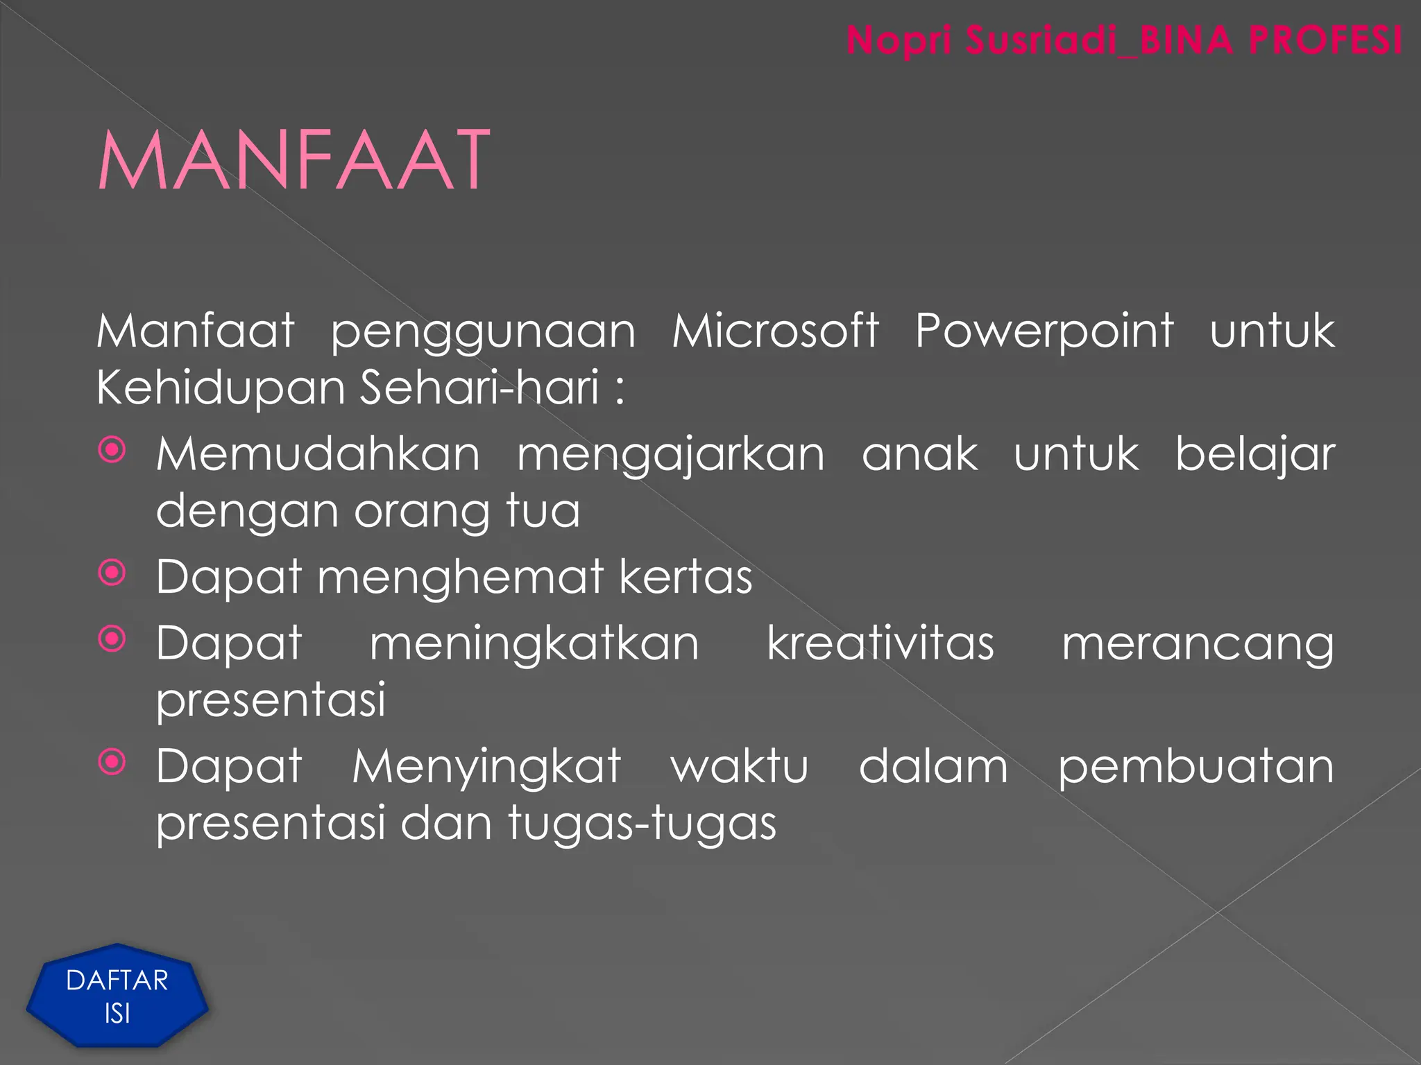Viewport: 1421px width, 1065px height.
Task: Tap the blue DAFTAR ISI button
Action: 117,996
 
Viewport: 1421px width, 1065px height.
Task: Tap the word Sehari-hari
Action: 479,387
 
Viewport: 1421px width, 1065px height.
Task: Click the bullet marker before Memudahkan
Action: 112,450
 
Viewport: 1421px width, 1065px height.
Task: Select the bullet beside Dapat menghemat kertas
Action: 112,573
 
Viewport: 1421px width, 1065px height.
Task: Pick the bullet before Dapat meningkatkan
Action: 112,639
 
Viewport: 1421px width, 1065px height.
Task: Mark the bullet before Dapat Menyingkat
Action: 112,762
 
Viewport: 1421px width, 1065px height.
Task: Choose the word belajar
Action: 1254,456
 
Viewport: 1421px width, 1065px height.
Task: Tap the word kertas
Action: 686,577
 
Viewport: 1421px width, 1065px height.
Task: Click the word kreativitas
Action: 880,643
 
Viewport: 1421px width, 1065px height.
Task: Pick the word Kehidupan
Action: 221,388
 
